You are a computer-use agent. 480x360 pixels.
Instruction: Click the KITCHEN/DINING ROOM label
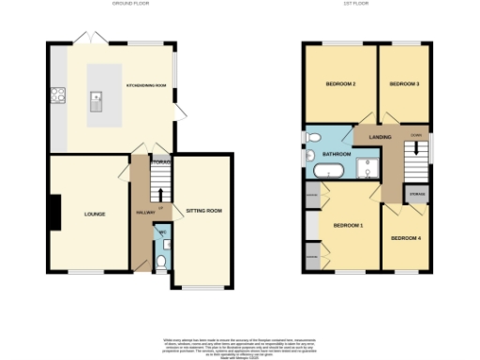coord(145,86)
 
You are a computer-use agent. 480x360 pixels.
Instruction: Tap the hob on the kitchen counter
coord(58,94)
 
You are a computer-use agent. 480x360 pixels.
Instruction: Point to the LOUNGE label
coord(95,214)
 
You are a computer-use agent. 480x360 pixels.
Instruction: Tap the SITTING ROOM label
coord(202,211)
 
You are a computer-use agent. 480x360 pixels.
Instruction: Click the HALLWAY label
coord(145,214)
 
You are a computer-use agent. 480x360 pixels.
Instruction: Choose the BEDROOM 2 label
coord(340,84)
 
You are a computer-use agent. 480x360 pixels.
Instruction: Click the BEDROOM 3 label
coord(403,84)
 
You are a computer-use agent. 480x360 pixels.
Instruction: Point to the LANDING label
coord(380,138)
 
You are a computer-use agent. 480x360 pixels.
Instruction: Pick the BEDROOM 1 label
coord(349,225)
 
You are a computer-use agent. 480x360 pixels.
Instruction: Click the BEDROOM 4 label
coord(406,237)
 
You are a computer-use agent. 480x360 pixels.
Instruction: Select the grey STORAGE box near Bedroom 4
coord(416,194)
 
